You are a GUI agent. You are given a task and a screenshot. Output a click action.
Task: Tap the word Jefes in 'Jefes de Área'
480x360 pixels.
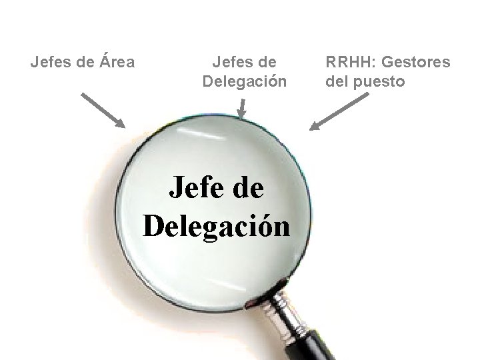coord(49,63)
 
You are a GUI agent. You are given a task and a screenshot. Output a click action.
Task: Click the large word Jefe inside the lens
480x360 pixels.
coord(193,189)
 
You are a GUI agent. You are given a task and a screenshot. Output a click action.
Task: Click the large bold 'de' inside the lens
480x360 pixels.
coord(247,189)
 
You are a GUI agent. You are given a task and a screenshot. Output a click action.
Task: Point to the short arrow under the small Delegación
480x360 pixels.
coord(243,108)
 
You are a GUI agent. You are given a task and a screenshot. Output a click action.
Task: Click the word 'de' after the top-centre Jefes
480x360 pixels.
coord(265,63)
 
